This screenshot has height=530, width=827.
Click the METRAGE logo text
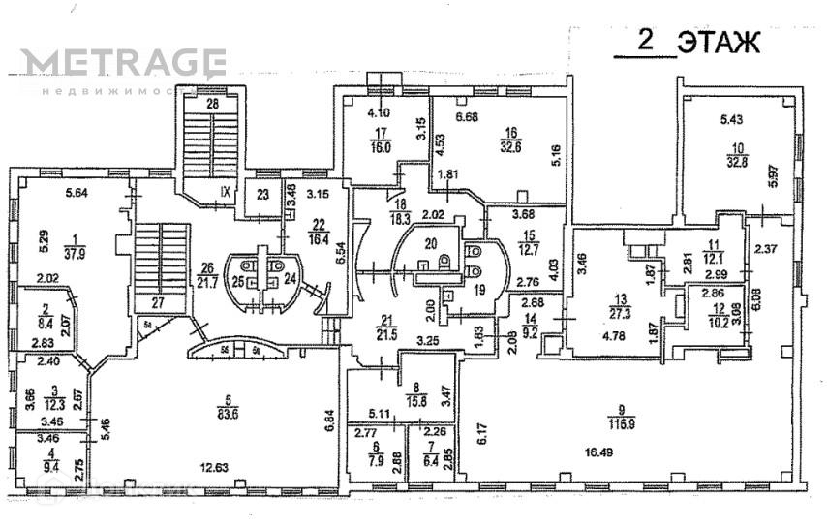(123, 64)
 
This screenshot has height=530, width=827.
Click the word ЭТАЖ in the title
(719, 44)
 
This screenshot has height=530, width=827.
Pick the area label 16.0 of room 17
(380, 148)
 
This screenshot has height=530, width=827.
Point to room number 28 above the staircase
(213, 104)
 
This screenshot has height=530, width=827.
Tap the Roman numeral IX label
(225, 191)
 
